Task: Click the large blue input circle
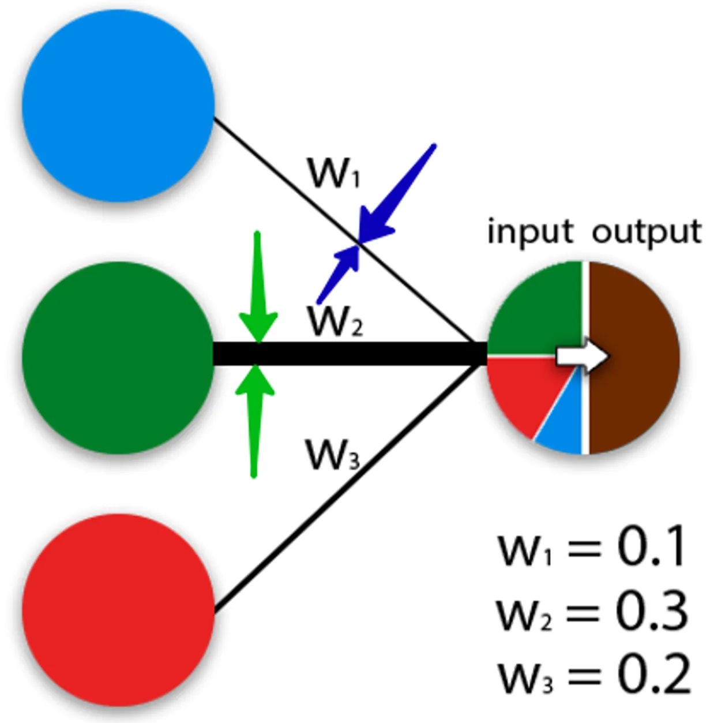118,105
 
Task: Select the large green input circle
118,357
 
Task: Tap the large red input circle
118,610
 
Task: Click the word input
530,232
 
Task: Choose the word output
647,232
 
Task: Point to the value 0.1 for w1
652,546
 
